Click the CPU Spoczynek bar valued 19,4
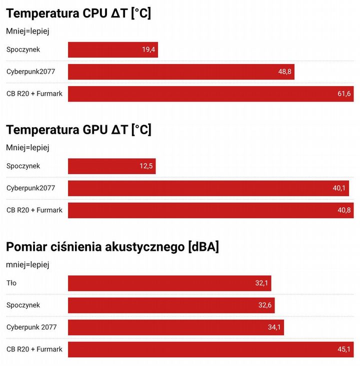point(113,50)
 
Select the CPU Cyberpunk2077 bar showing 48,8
point(181,72)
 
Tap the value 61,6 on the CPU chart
point(344,94)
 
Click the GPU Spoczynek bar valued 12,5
point(111,166)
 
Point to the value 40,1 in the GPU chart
point(339,188)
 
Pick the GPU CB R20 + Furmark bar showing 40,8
point(211,210)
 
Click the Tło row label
point(11,283)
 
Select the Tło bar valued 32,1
point(169,283)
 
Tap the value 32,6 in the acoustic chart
point(265,305)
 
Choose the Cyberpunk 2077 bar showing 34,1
point(176,327)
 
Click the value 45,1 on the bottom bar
point(344,349)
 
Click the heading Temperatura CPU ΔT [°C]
point(78,14)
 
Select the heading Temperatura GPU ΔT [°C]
point(79,130)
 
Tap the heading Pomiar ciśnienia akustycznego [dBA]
point(112,247)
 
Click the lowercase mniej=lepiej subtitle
point(27,265)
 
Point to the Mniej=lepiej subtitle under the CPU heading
point(27,31)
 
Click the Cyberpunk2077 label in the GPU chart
point(31,188)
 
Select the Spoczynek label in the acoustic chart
point(23,305)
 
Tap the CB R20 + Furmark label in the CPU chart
point(34,94)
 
